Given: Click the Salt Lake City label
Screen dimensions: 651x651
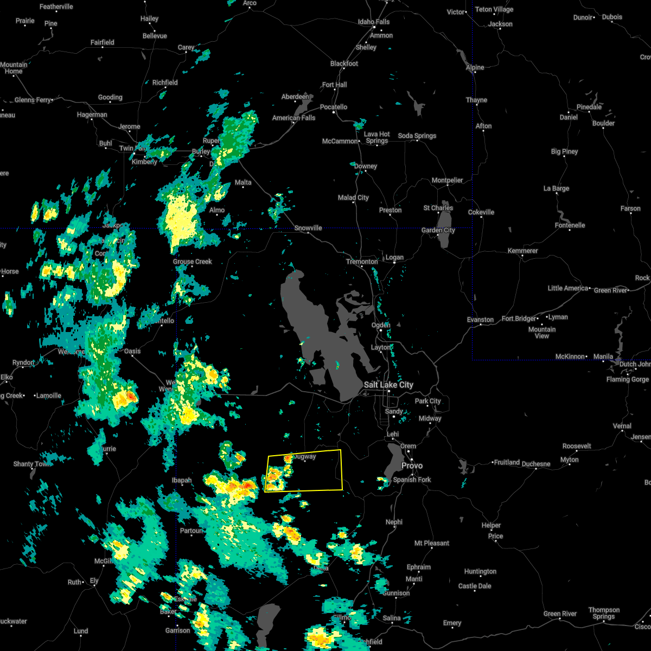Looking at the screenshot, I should (388, 385).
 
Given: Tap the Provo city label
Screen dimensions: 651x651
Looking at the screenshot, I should (412, 465).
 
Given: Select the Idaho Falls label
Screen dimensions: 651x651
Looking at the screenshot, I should (374, 22).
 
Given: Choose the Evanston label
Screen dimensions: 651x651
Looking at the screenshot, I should (480, 320).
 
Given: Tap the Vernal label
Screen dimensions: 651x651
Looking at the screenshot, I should (622, 426).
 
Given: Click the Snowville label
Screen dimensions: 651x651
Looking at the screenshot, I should (308, 228).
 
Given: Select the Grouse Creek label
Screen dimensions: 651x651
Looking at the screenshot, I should (192, 261).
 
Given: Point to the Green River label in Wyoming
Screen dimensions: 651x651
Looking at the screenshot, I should (611, 290).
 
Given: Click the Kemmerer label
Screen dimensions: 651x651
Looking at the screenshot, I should (522, 251).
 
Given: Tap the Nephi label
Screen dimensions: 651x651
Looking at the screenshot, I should (394, 522).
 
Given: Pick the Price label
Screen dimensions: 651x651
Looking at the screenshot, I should (495, 536).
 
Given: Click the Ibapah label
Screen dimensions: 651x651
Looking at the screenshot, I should (182, 480).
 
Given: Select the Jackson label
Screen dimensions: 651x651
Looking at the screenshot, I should (500, 24).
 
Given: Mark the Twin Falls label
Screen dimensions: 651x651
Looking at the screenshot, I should (133, 148).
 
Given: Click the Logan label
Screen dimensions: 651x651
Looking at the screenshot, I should (394, 257).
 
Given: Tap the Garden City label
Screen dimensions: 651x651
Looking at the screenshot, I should (438, 230).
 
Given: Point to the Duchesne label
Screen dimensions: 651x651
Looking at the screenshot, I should (535, 464).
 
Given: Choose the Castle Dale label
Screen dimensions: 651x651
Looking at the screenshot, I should (475, 586).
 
